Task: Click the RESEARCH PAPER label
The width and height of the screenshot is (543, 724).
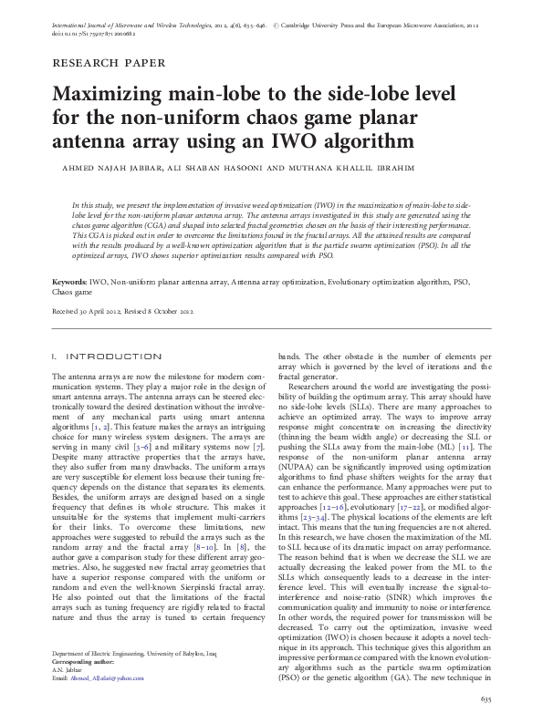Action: pos(109,63)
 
